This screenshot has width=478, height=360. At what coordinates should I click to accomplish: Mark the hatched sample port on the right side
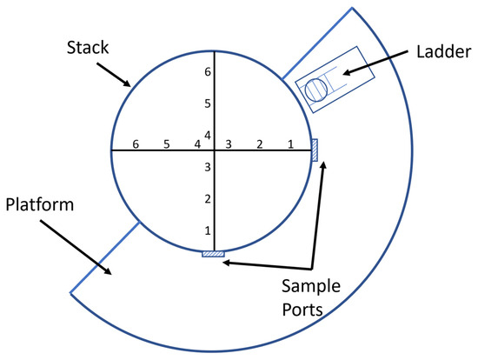(x=315, y=150)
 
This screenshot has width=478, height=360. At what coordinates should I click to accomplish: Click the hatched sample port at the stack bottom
(x=213, y=253)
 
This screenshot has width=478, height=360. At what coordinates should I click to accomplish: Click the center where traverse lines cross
(x=214, y=150)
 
